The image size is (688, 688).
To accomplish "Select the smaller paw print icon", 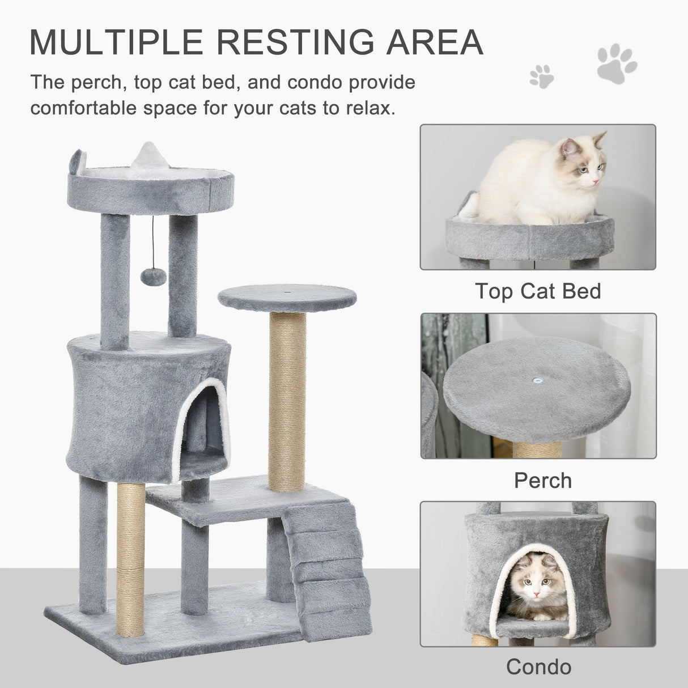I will click(x=541, y=76).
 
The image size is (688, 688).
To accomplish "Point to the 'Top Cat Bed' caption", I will click(x=538, y=291).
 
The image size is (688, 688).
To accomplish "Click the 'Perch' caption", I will click(x=542, y=481).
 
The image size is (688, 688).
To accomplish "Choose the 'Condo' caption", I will click(x=538, y=666).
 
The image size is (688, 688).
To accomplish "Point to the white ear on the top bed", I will click(x=144, y=155).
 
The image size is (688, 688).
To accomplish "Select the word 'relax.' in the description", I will click(x=367, y=107).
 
